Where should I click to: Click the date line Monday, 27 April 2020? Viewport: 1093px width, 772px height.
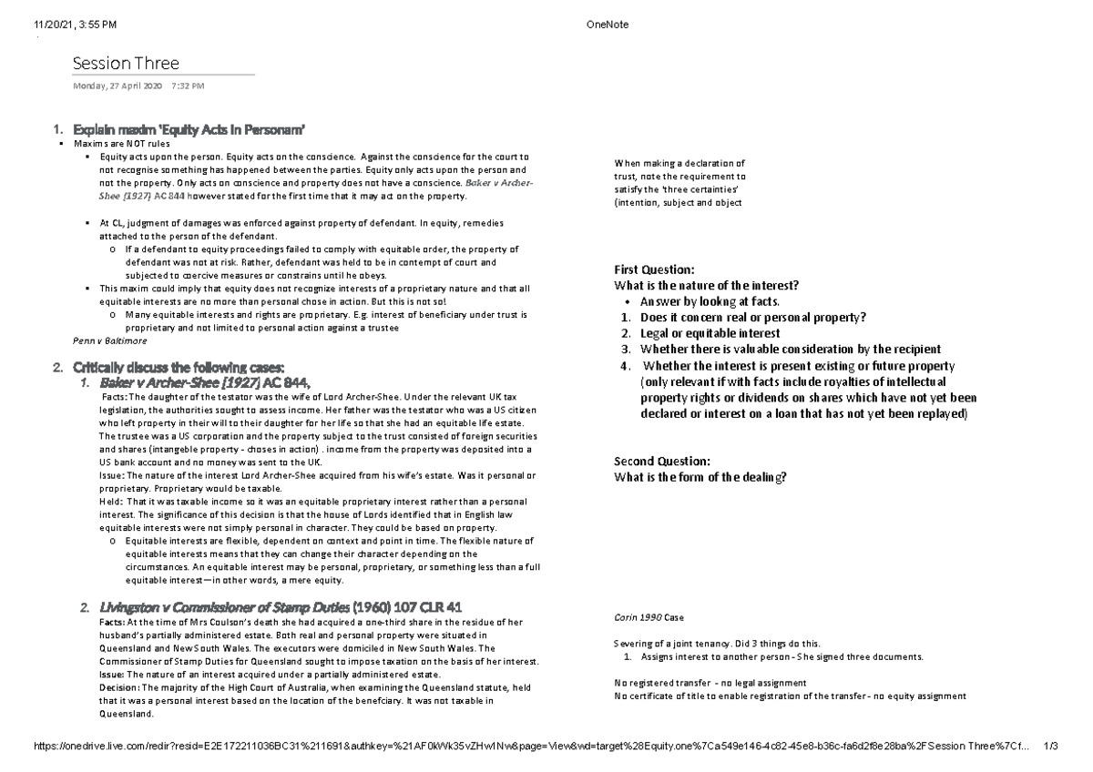(x=117, y=86)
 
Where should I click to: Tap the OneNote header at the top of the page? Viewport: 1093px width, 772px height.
(x=603, y=25)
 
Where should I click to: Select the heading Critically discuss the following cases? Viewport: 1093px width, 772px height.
(x=182, y=367)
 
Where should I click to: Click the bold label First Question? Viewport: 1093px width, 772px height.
(x=655, y=270)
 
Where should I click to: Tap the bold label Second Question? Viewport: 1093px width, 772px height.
(x=661, y=461)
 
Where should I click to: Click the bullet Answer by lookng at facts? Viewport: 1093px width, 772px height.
(x=710, y=301)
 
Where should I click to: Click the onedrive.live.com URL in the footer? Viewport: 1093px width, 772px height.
(x=528, y=747)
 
